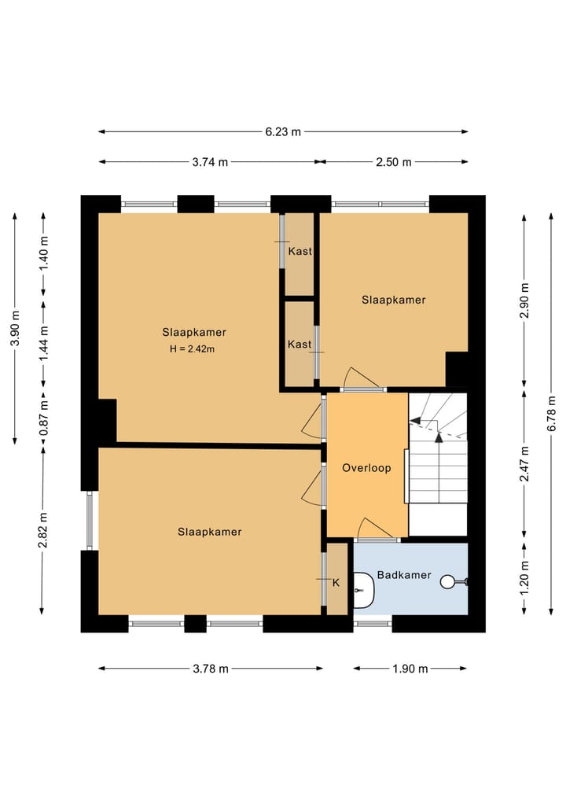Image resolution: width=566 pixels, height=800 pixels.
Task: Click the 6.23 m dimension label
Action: coord(283,131)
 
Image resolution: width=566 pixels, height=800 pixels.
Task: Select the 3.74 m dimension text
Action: coord(210,162)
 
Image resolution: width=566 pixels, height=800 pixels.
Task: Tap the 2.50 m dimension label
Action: coord(394,162)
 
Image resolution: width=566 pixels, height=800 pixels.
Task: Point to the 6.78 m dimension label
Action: coord(552,413)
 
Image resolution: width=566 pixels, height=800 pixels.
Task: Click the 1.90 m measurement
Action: coord(410,669)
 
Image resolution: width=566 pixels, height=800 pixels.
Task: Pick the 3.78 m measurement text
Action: coord(211,669)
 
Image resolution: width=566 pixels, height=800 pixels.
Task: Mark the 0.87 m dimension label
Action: coord(44,418)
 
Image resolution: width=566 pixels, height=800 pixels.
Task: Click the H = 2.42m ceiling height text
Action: coord(193,349)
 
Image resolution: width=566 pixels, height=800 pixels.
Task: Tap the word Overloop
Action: coord(366,468)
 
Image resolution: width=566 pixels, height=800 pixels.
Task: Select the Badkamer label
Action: coord(404,575)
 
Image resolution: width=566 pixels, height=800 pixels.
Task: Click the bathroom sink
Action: coord(363,590)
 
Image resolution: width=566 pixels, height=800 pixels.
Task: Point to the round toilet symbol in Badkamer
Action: coord(447,581)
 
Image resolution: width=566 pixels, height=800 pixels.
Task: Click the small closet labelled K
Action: coord(336,579)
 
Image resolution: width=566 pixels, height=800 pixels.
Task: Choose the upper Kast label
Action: coord(300,251)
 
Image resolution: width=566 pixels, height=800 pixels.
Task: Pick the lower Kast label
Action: coord(300,344)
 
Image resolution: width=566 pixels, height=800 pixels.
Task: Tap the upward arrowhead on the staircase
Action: coord(439,437)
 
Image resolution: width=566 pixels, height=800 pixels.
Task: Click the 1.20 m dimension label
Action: coord(524,577)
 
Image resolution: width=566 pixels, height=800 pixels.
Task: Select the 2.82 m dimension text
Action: coord(43,531)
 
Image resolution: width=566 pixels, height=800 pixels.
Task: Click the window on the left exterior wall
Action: coord(90,521)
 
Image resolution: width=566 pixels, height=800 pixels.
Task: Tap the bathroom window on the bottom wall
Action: coord(373,624)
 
